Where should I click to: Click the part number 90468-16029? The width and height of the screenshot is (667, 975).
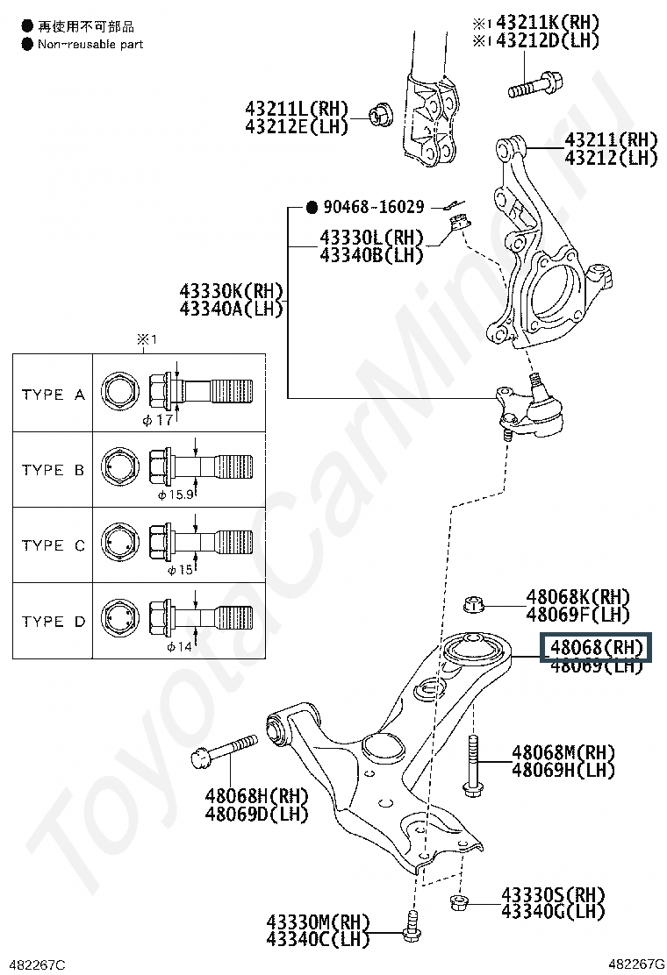point(374,208)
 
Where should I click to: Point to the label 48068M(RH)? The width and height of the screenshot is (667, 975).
point(563,752)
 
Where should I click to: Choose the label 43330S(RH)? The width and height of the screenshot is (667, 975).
point(553,894)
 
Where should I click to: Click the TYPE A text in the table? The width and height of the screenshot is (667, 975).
point(53,395)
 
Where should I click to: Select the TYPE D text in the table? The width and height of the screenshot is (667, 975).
point(53,622)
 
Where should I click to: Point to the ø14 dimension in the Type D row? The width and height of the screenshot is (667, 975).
point(179,647)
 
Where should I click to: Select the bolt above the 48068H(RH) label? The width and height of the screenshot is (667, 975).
point(223,750)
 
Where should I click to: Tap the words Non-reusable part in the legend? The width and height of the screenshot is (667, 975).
point(90,44)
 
